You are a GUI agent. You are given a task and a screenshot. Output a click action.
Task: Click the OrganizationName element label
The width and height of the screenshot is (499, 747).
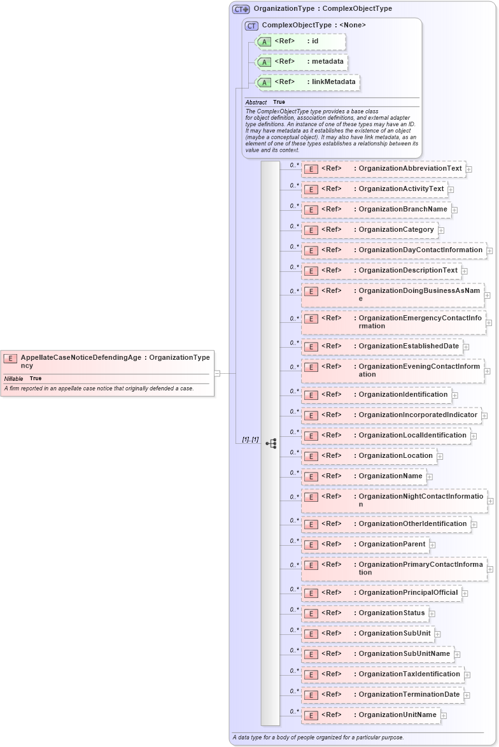[x=390, y=476]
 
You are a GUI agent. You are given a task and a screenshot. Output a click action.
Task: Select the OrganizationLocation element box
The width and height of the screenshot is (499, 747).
[x=369, y=456]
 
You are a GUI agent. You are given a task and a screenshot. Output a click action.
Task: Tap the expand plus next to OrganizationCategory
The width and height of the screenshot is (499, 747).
[x=441, y=230]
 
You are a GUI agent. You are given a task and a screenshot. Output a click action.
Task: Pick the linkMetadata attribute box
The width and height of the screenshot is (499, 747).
[x=307, y=82]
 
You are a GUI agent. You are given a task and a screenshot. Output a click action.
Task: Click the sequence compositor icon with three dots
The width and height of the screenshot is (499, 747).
[x=271, y=443]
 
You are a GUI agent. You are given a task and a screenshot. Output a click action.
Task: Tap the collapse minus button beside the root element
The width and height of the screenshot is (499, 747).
[x=218, y=373]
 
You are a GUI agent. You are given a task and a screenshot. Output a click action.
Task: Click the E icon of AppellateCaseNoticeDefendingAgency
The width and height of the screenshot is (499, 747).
[x=10, y=359]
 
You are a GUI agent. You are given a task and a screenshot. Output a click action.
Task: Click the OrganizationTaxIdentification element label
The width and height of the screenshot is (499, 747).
[x=409, y=674]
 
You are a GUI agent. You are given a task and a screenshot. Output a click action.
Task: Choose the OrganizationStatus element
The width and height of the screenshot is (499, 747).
[x=364, y=613]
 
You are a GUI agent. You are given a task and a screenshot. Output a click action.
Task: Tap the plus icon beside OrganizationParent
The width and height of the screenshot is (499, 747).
[x=432, y=544]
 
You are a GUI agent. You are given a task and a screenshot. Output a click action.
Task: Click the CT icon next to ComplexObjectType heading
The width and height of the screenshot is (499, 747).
[x=251, y=25]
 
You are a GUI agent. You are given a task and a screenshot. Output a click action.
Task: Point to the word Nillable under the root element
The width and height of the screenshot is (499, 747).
[x=13, y=378]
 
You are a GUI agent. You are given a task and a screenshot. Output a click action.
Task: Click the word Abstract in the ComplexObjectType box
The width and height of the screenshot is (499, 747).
[x=256, y=102]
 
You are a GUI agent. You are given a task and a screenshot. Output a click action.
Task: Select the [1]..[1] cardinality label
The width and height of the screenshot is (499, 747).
[x=250, y=439]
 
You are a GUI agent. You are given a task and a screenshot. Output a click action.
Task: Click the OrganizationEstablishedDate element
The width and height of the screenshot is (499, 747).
[x=381, y=346]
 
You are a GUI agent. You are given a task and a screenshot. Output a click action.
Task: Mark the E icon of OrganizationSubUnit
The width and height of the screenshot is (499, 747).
[x=311, y=634]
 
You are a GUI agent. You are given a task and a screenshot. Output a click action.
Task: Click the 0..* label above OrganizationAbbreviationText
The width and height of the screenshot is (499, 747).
[x=294, y=165]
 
